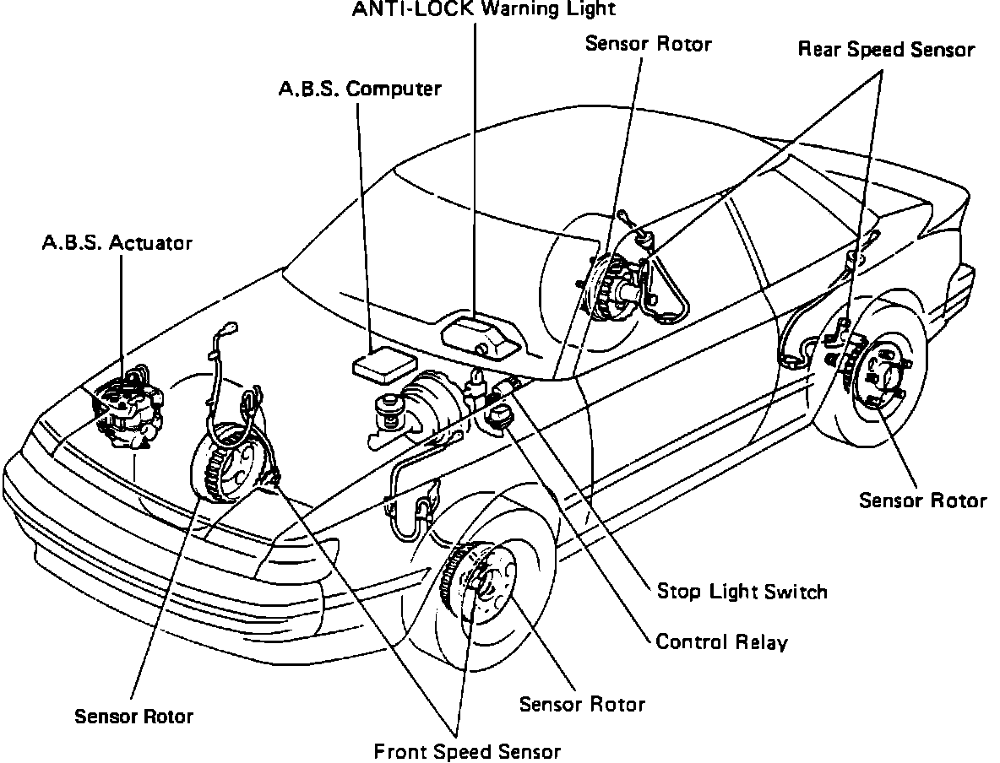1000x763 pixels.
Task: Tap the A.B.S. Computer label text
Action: tap(360, 88)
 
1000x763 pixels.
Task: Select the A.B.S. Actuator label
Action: tap(117, 243)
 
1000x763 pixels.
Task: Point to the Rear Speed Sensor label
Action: tap(886, 50)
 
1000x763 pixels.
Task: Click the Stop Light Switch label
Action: tap(742, 591)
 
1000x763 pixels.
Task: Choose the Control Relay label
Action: tap(721, 642)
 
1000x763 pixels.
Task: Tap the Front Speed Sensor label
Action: tap(466, 751)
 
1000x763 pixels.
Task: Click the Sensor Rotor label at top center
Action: tap(649, 44)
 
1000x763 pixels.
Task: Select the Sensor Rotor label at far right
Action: tap(922, 500)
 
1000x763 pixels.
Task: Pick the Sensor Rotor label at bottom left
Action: tap(133, 717)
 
